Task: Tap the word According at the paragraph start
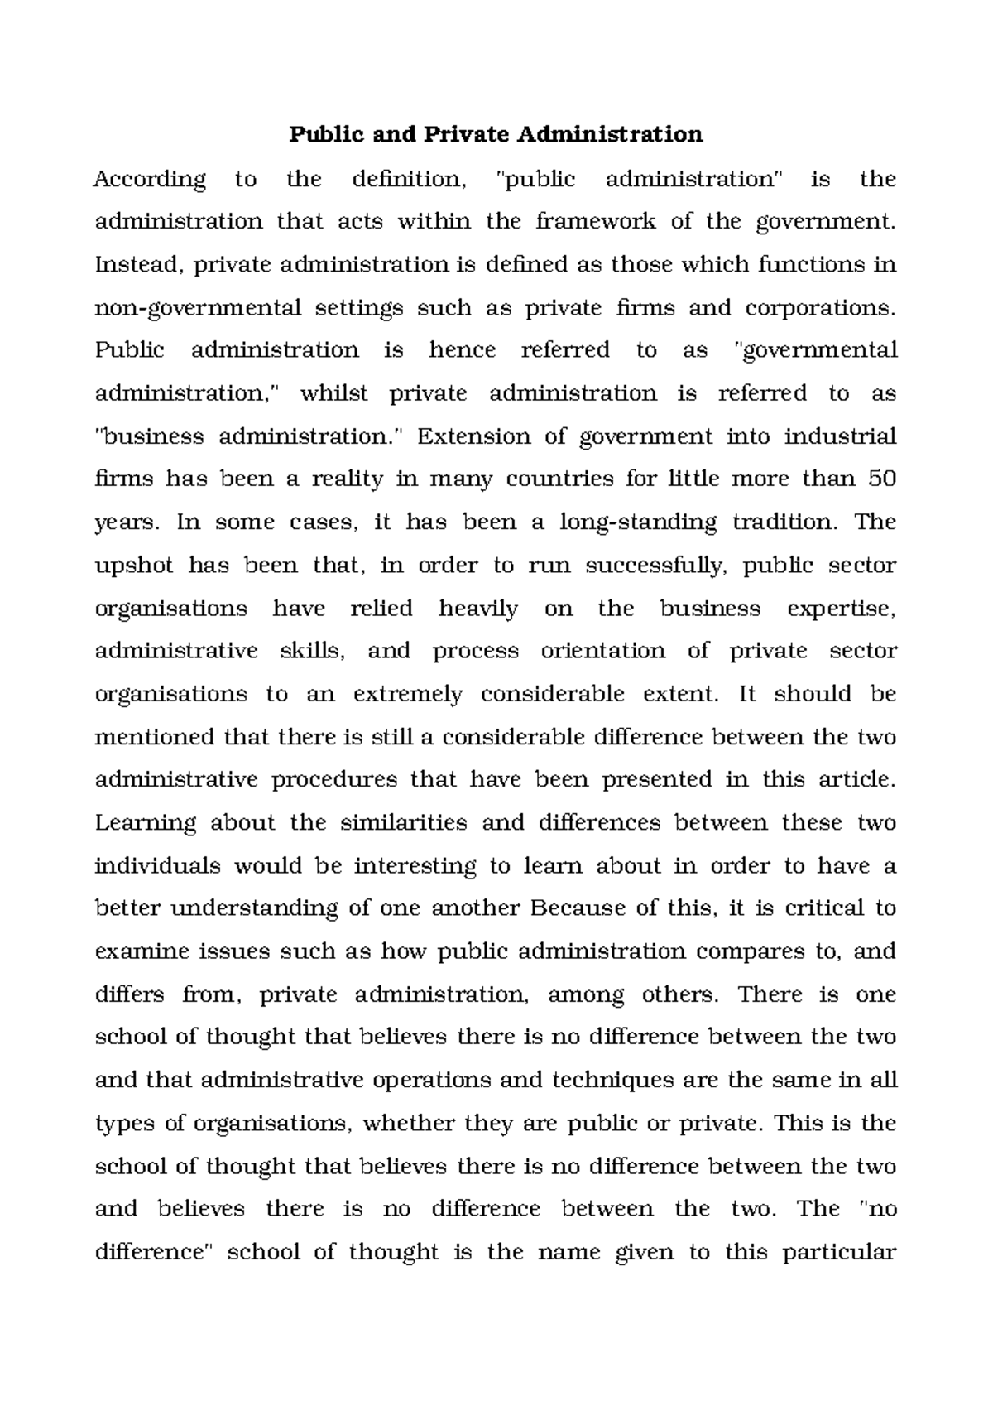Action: tap(150, 180)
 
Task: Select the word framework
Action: tap(596, 222)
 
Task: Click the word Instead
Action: tap(135, 265)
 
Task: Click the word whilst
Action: tap(334, 393)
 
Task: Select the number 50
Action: tap(882, 479)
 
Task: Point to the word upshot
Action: tap(135, 566)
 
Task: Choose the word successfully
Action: tap(655, 566)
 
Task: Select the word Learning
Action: tap(146, 823)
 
